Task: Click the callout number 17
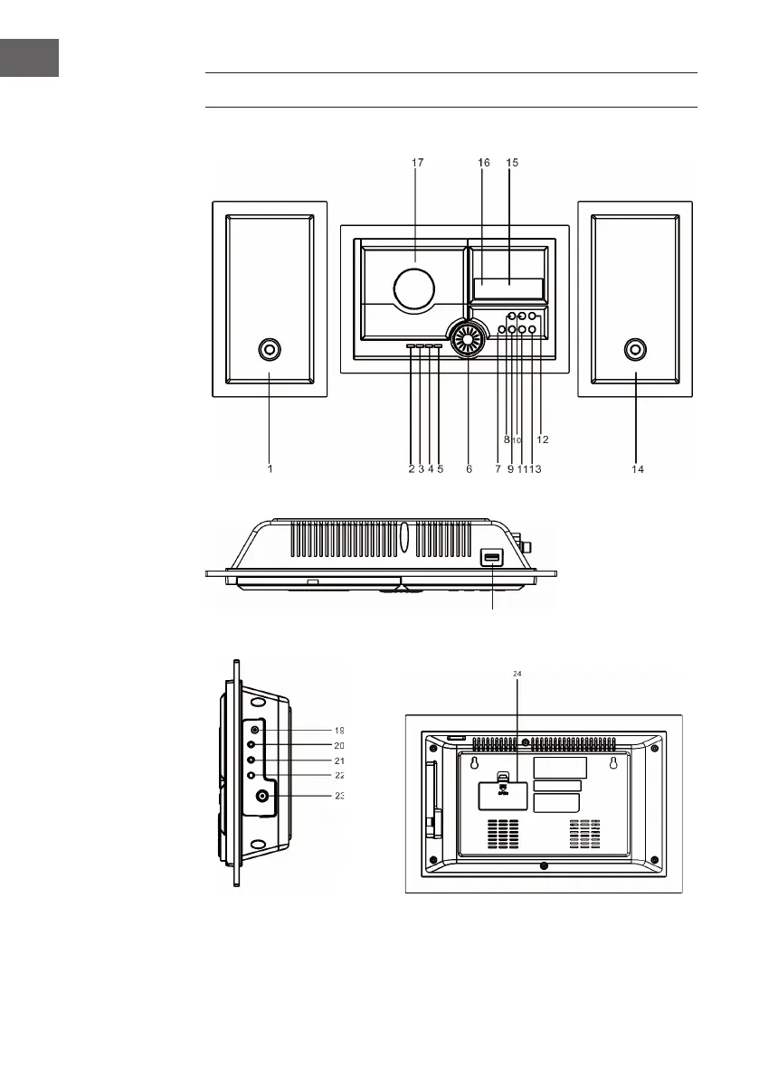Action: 417,163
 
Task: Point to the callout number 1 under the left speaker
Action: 270,469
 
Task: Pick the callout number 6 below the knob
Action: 470,469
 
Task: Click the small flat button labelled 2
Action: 412,346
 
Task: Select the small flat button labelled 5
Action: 439,346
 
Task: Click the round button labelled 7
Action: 501,331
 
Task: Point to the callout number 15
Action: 513,163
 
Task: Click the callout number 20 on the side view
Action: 339,746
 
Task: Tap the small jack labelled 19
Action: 256,730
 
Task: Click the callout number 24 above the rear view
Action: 518,674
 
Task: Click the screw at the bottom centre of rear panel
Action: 542,865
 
